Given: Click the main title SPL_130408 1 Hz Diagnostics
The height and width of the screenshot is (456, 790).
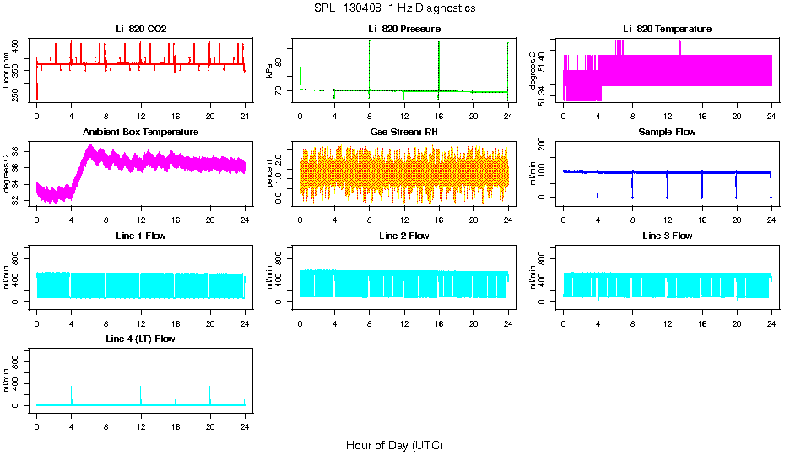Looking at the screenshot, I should pyautogui.click(x=394, y=8).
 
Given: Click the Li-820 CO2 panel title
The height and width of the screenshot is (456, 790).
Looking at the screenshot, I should pyautogui.click(x=141, y=30).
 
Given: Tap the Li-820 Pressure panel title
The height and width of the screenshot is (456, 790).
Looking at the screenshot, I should pyautogui.click(x=404, y=30).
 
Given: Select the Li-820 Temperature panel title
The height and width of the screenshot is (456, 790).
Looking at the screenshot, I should pyautogui.click(x=668, y=30).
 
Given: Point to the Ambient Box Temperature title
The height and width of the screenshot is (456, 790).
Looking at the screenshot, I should pyautogui.click(x=141, y=133).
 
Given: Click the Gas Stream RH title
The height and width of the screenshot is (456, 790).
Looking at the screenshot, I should pyautogui.click(x=404, y=133).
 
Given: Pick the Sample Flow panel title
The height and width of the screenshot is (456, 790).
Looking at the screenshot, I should pyautogui.click(x=668, y=133).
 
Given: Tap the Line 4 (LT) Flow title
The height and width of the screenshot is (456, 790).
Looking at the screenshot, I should pyautogui.click(x=141, y=339).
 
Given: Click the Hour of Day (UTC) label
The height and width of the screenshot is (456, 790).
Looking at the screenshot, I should pyautogui.click(x=394, y=445).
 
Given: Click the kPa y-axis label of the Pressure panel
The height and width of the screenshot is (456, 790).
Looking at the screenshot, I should pyautogui.click(x=270, y=71).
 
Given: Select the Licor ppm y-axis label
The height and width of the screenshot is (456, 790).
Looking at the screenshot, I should pyautogui.click(x=7, y=71).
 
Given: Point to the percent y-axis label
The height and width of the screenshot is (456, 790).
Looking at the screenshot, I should pyautogui.click(x=270, y=173).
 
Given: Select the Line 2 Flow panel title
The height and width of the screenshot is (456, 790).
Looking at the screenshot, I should pyautogui.click(x=404, y=236).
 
